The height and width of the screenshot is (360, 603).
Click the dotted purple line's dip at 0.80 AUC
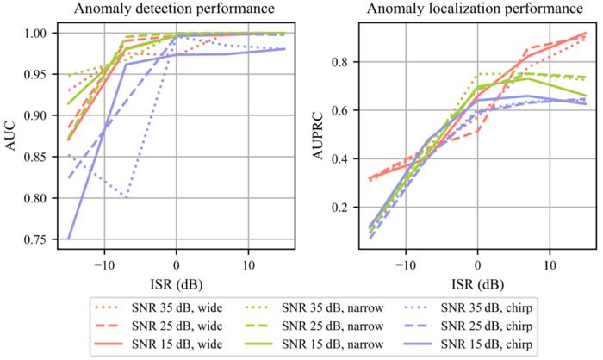(x=127, y=197)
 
